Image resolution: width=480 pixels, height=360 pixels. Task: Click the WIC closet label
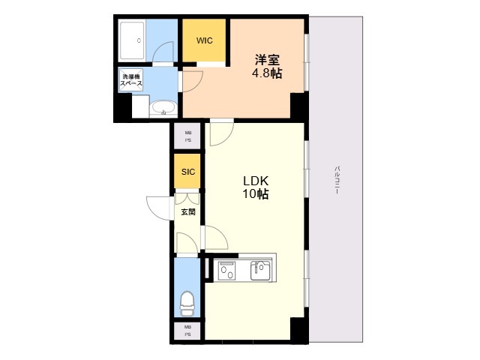pos(205,40)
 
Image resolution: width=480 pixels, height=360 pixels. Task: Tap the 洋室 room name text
pos(267,60)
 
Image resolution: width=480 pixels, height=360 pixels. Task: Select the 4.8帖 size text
pos(267,73)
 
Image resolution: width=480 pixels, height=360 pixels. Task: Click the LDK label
pos(256,181)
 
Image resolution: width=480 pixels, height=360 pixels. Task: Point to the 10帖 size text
pos(256,193)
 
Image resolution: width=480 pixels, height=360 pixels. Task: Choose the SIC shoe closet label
pos(188,172)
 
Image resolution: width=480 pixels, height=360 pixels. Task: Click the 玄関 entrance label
pos(188,211)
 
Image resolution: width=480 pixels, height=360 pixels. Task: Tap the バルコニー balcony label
pos(337,180)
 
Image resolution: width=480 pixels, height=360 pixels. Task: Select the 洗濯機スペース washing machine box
pos(131,80)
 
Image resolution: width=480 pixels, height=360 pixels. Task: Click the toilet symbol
pos(187,303)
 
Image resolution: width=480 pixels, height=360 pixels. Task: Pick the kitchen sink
pos(261,270)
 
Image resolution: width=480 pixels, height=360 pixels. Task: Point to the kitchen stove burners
pos(227,270)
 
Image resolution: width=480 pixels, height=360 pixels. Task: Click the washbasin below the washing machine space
pos(163,109)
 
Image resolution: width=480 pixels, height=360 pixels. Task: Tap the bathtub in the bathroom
pos(132,40)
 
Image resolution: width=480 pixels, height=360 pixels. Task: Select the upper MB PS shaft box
pos(187,136)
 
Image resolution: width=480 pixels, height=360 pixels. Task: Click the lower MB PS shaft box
pos(187,331)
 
